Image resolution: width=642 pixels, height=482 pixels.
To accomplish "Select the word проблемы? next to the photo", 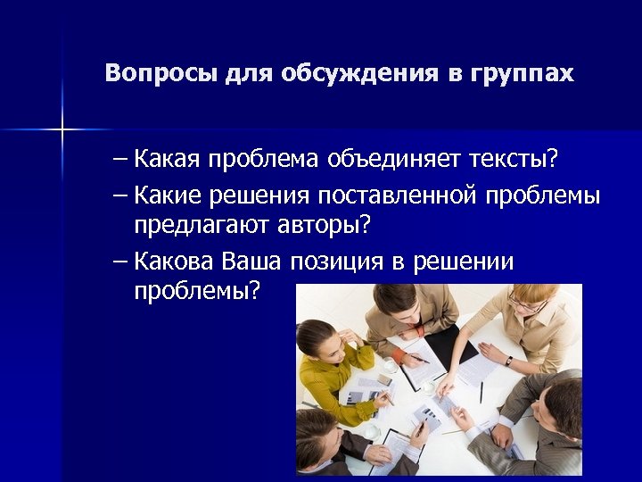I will (198, 291).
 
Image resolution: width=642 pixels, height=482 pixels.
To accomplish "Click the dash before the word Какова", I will (120, 262).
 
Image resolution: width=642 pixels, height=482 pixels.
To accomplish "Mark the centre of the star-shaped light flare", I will (62, 130).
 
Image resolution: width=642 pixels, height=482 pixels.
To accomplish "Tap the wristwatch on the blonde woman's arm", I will (508, 361).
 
